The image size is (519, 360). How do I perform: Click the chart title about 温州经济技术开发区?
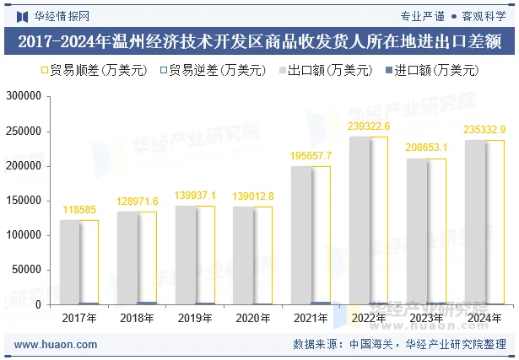click(x=259, y=41)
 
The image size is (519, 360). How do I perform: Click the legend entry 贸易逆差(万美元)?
click(x=207, y=71)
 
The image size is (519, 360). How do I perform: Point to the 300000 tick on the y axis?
click(x=24, y=97)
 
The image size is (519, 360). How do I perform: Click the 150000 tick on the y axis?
click(x=24, y=201)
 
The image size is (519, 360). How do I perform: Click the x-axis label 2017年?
click(x=79, y=319)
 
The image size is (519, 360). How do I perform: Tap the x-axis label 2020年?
click(x=251, y=319)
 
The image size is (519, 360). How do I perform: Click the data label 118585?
click(x=79, y=209)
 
